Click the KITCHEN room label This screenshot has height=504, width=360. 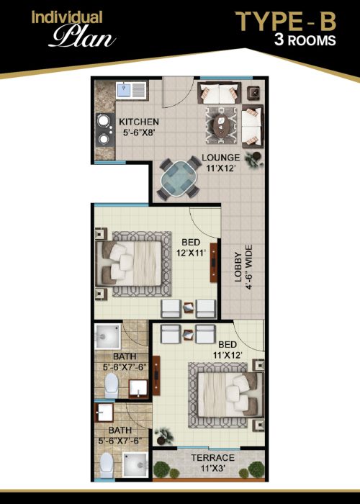tap(139, 122)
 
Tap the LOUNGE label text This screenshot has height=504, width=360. tap(221, 158)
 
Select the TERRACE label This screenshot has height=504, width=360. tap(213, 458)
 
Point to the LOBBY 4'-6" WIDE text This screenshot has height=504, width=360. tap(243, 267)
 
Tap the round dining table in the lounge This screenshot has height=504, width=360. tap(179, 178)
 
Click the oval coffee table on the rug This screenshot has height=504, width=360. tap(222, 125)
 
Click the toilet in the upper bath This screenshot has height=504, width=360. tap(111, 385)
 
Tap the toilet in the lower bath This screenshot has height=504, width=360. tap(107, 465)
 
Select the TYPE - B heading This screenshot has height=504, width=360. tap(286, 22)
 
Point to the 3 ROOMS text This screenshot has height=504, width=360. tap(305, 40)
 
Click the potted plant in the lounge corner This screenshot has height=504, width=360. tap(254, 159)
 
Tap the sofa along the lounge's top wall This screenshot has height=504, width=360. tap(219, 93)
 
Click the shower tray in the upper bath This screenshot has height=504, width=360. tap(108, 336)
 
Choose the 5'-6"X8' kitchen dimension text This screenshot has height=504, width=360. tap(139, 132)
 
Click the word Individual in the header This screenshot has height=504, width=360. tap(67, 17)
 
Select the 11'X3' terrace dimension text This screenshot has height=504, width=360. tap(213, 468)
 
